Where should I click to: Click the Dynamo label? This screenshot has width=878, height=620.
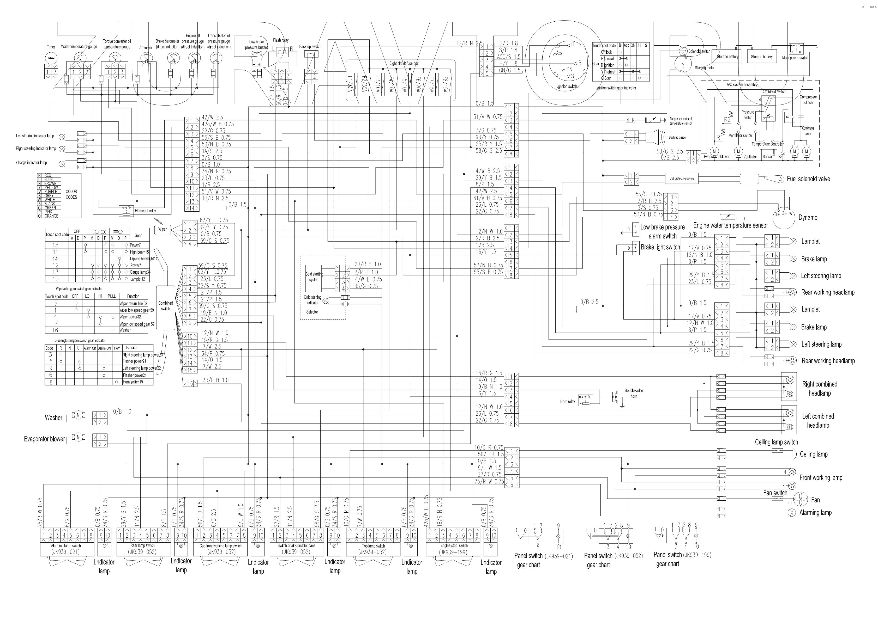(x=808, y=217)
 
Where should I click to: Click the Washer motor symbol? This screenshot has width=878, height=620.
(x=78, y=415)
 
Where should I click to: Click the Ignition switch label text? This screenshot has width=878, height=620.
(x=566, y=86)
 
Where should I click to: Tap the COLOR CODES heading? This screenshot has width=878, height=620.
(x=71, y=194)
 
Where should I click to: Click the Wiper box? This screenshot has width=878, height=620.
(x=163, y=229)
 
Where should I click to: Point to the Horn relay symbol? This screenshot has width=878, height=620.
(x=585, y=400)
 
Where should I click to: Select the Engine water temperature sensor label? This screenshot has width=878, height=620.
(x=730, y=225)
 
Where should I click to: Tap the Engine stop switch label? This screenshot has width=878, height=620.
(x=454, y=545)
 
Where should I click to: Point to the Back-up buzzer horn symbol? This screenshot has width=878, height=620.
(x=653, y=137)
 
